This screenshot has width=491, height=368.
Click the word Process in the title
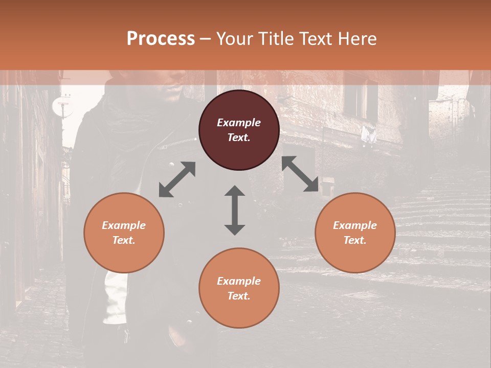click(x=161, y=39)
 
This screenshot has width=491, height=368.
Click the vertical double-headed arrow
click(x=235, y=210)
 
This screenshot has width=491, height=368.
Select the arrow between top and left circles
click(x=177, y=179)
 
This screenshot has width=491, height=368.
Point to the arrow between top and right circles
click(x=300, y=174)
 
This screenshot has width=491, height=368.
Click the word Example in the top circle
click(x=239, y=123)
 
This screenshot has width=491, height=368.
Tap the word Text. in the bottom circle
click(x=239, y=296)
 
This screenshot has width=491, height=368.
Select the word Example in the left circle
click(x=124, y=225)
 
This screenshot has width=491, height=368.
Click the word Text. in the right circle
click(x=355, y=240)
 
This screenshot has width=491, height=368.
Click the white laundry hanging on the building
click(x=369, y=135)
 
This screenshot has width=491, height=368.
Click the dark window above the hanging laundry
click(x=360, y=100)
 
